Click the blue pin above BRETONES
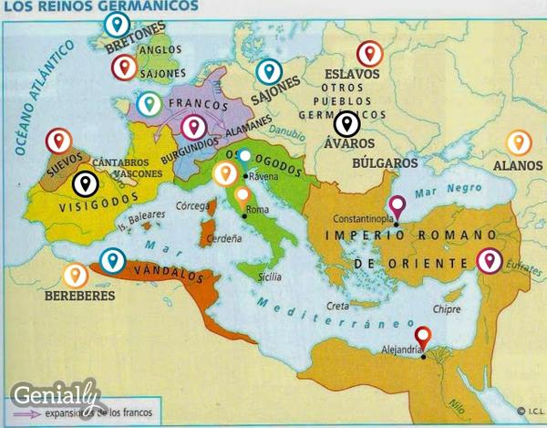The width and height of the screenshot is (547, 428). pyautogui.click(x=116, y=25)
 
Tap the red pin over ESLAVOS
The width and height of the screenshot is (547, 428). pyautogui.click(x=369, y=54)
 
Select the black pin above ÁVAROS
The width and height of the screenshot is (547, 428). pyautogui.click(x=346, y=123)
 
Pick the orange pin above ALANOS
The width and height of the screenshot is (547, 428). pyautogui.click(x=519, y=142)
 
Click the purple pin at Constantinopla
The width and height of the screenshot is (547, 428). pyautogui.click(x=397, y=207)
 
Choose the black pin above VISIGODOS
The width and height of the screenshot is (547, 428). pyautogui.click(x=84, y=184)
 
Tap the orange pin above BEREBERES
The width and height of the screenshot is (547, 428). pyautogui.click(x=75, y=274)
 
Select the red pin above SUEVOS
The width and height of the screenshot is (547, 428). pyautogui.click(x=58, y=141)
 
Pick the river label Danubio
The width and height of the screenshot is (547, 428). pyautogui.click(x=290, y=133)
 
